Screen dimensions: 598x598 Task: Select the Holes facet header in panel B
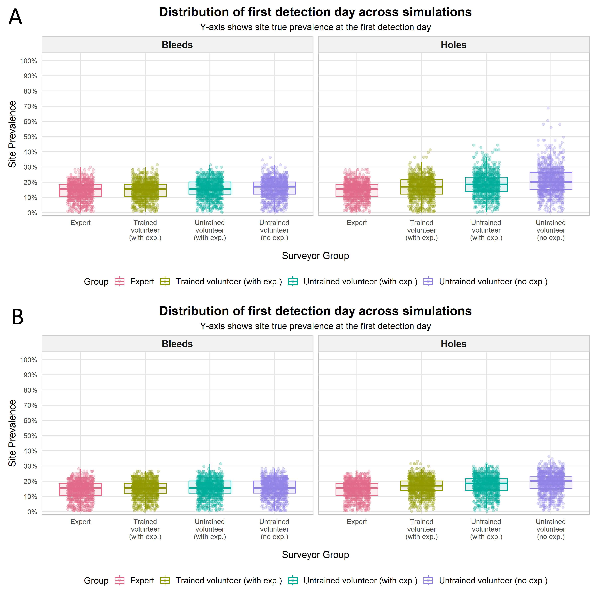pos(453,344)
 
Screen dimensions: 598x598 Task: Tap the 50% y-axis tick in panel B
pos(30,436)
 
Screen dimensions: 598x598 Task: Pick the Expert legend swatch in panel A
pos(119,282)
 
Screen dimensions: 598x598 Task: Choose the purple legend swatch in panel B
pos(428,581)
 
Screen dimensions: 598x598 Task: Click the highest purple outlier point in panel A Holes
pos(548,108)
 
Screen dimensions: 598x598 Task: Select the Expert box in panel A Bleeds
pos(80,190)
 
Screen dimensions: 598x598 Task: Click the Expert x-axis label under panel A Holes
pos(357,223)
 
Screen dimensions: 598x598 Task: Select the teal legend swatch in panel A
pos(293,282)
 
